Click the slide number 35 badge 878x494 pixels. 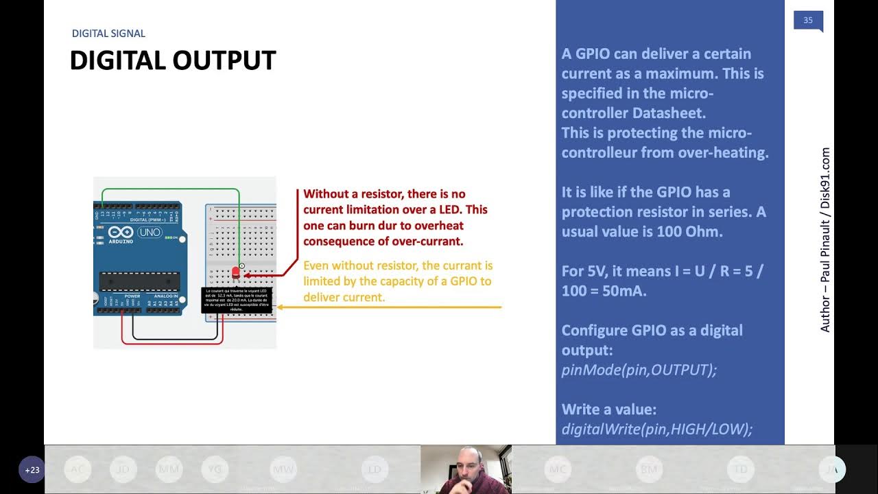(807, 21)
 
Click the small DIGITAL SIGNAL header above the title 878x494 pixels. (108, 34)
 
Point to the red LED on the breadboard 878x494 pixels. (236, 273)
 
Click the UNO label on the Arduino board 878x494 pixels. (150, 233)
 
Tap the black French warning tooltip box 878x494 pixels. (237, 300)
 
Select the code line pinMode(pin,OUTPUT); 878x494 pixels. (639, 370)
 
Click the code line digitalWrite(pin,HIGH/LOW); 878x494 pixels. (656, 430)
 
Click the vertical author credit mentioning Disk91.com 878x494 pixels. (825, 240)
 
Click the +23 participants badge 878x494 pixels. (32, 470)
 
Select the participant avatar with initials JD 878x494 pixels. (123, 469)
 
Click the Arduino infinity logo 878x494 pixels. (119, 233)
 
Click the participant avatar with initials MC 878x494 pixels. (557, 469)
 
